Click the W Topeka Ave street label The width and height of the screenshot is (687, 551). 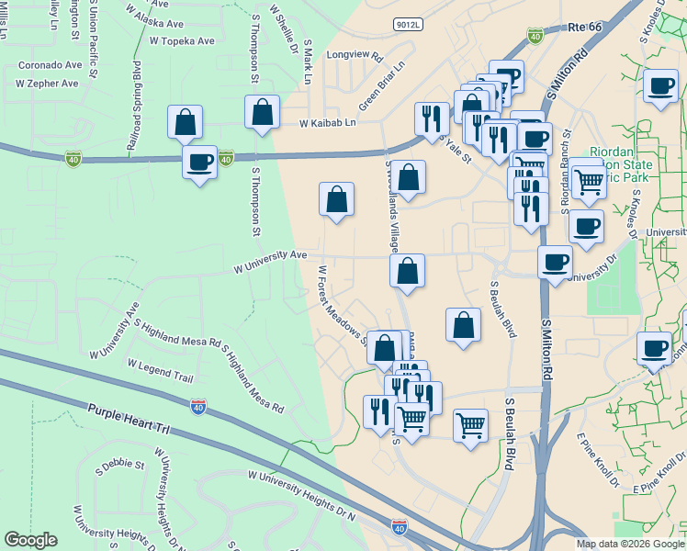(182, 40)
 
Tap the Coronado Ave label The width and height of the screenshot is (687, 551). (51, 65)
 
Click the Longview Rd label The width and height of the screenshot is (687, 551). (354, 56)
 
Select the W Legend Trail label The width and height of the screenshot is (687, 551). (161, 371)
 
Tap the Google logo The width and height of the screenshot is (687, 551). (30, 540)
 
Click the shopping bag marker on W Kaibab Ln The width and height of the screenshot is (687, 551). (263, 112)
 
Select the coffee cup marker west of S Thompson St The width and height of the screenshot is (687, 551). (199, 163)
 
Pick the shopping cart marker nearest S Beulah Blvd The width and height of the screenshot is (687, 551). (470, 424)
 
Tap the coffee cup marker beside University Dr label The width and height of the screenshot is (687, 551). (554, 262)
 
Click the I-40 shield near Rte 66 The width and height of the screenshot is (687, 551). (535, 36)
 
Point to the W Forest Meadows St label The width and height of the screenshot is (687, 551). (342, 304)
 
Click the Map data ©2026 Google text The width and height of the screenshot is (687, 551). (630, 544)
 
